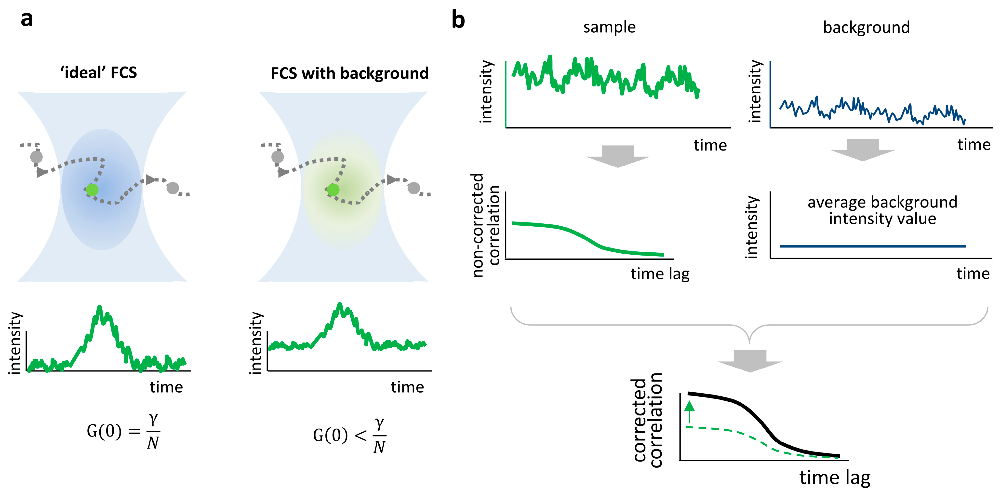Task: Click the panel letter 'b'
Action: click(458, 20)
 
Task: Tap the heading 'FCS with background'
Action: click(349, 73)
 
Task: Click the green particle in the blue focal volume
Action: click(92, 190)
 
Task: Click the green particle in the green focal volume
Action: click(333, 190)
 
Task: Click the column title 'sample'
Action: click(609, 27)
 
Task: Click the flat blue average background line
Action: click(873, 246)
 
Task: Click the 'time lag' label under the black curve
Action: click(835, 478)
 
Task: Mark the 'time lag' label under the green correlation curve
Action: click(660, 274)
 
